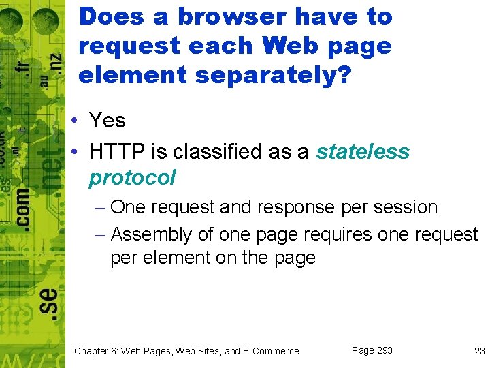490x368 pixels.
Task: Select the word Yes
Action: (108, 121)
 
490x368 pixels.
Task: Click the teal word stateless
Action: (363, 151)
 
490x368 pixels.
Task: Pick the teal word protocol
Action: (132, 178)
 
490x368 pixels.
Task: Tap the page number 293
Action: (385, 350)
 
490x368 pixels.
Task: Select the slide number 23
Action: (479, 351)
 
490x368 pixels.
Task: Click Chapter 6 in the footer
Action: (98, 351)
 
